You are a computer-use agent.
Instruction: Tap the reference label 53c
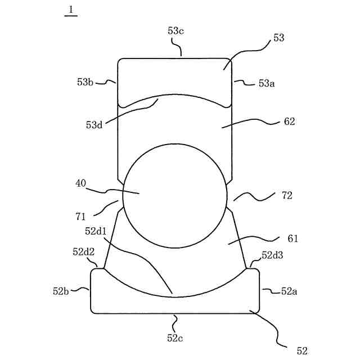tap(175, 31)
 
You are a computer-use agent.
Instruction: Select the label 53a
tap(266, 83)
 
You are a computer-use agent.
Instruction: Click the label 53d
tap(94, 125)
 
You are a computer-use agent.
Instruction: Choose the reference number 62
tap(289, 121)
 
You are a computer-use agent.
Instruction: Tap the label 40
tap(81, 183)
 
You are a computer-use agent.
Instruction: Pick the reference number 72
tap(287, 195)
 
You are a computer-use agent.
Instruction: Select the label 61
tap(292, 238)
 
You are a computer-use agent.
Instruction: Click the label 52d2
tap(83, 252)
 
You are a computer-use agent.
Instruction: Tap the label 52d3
tap(273, 255)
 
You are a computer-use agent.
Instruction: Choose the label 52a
tap(289, 291)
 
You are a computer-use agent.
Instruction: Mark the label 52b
tap(61, 291)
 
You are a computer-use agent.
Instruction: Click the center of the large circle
tap(175, 195)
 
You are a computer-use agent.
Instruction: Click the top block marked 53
tap(174, 76)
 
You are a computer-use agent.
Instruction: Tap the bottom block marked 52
tap(175, 298)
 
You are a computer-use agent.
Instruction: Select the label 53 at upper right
tap(278, 38)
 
